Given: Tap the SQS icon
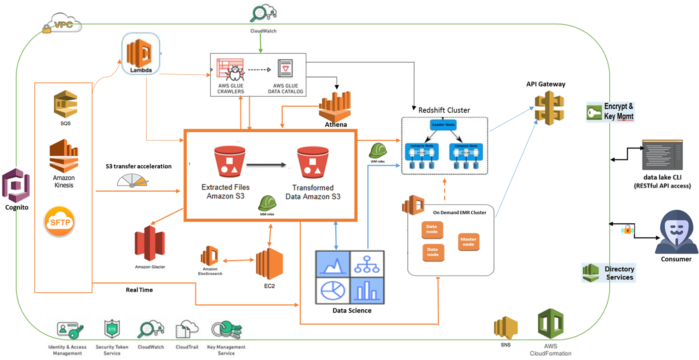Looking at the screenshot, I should pos(65,104).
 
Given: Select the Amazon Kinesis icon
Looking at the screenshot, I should pos(64,156).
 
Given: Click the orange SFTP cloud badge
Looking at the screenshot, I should pos(60,222).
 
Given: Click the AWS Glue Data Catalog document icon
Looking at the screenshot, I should pos(285,69).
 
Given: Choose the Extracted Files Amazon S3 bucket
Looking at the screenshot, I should pos(229,161).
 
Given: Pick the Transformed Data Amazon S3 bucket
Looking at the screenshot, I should pos(312,162).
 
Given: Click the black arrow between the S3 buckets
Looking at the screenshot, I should pos(267,165).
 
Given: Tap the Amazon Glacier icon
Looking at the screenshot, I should pos(150,244).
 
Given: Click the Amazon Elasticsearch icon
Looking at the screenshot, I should pos(210,256).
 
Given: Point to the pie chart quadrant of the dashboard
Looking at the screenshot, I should pos(333,290).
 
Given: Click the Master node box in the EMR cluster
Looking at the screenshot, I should pos(468,242).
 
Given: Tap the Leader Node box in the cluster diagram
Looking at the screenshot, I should pos(443,125).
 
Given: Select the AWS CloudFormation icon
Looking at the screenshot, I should pos(550,324).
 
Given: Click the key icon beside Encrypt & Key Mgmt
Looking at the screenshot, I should pos(594,113).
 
